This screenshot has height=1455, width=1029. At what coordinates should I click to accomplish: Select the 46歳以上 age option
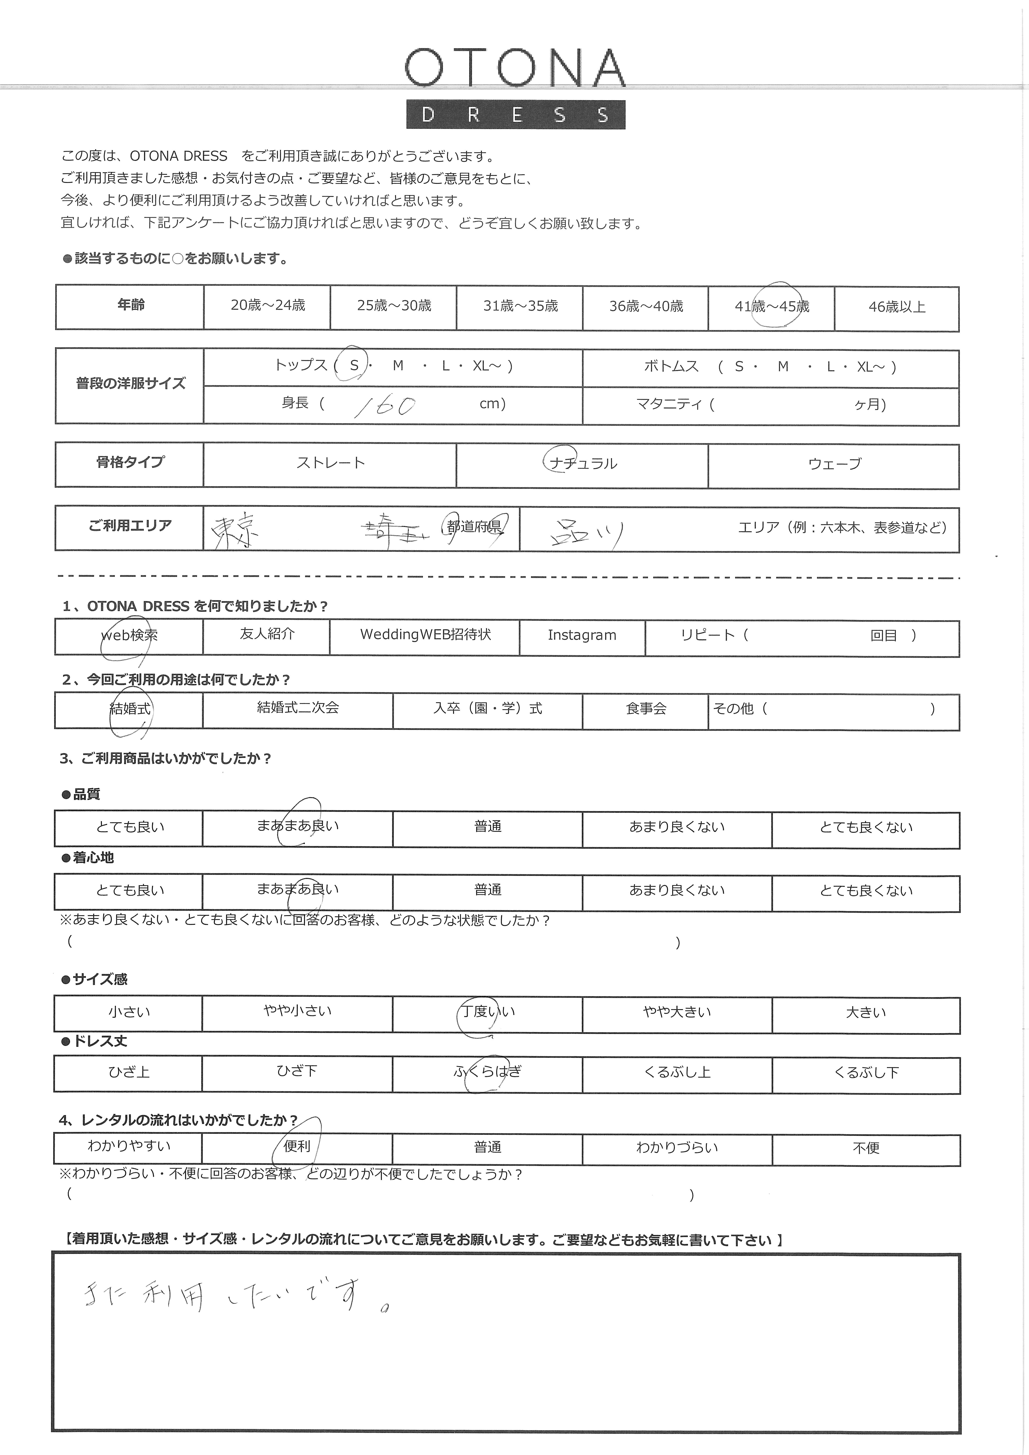(x=896, y=307)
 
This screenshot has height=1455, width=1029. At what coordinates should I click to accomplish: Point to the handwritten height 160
(x=385, y=406)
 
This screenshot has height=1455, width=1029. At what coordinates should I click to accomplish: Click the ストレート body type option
(x=330, y=463)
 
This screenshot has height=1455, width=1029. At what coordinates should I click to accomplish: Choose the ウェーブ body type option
(x=834, y=464)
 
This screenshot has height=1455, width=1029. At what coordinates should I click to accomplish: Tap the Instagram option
(x=581, y=635)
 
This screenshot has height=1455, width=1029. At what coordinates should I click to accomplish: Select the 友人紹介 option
(x=267, y=634)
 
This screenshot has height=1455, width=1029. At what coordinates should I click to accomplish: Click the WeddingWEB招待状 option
(x=425, y=634)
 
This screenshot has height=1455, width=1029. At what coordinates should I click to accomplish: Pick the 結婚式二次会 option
(x=297, y=708)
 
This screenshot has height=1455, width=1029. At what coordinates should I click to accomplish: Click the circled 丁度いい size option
(x=488, y=1011)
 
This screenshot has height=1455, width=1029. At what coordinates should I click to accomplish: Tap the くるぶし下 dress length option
(x=866, y=1072)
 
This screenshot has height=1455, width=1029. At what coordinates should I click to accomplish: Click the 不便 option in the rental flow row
(x=866, y=1148)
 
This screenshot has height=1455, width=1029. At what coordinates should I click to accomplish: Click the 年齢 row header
(x=131, y=305)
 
